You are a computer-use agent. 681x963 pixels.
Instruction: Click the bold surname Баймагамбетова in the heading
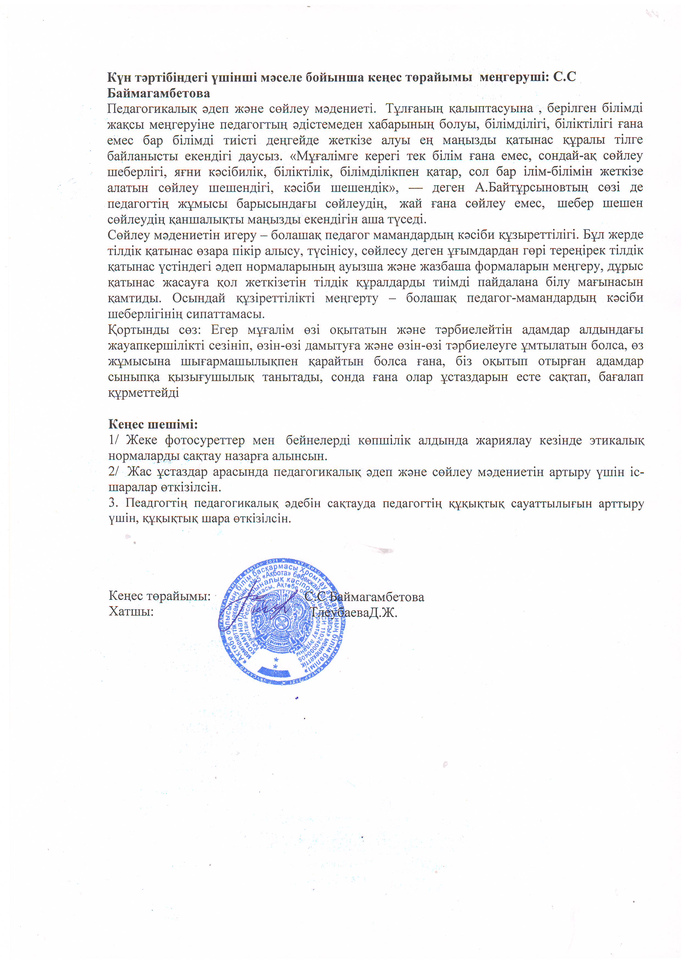click(x=159, y=93)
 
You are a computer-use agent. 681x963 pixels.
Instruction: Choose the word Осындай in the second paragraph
click(x=199, y=298)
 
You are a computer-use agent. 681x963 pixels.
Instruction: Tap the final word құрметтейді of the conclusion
click(x=144, y=393)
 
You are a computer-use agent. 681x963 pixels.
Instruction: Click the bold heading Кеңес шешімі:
click(x=153, y=424)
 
